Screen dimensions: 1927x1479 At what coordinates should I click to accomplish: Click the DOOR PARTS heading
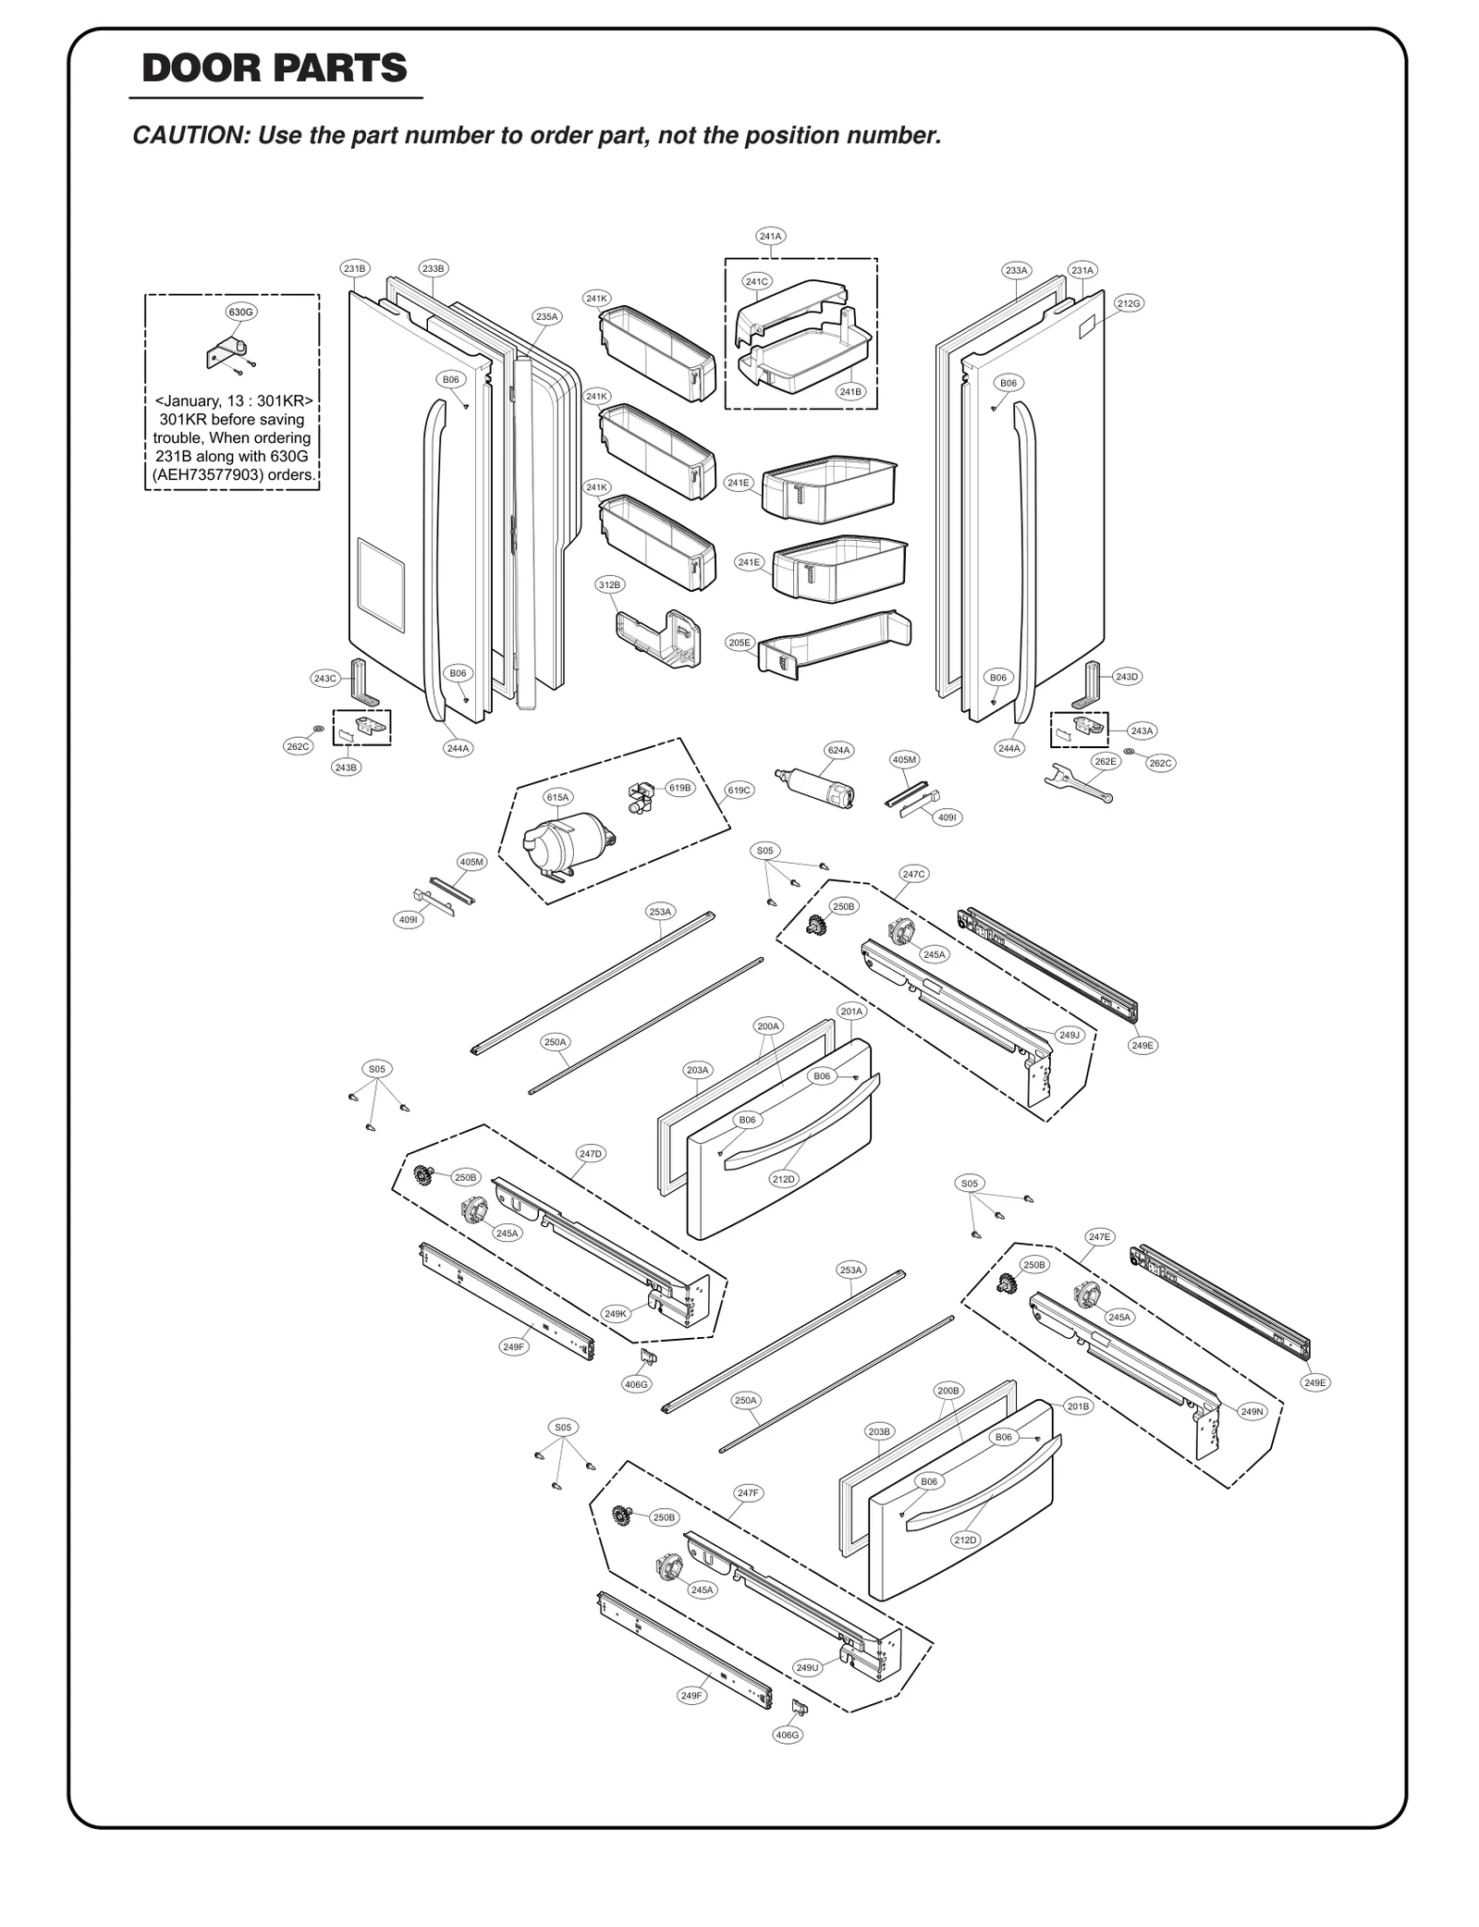click(x=275, y=69)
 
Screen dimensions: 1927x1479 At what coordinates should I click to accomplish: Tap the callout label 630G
click(x=241, y=312)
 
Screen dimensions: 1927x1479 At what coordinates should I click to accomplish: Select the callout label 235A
click(x=547, y=316)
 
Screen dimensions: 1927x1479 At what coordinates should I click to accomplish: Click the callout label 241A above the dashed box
click(x=771, y=236)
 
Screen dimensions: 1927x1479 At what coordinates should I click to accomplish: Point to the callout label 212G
click(x=1129, y=303)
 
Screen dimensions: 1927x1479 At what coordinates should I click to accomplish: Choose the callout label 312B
click(x=609, y=584)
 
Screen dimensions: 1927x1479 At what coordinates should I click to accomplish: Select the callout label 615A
click(x=558, y=797)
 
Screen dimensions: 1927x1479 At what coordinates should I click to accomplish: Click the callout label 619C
click(x=739, y=790)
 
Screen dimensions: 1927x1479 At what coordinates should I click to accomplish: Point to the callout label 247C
click(x=913, y=874)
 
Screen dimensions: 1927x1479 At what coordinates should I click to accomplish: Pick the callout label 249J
click(x=1070, y=1035)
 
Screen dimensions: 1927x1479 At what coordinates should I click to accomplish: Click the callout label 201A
click(x=851, y=1012)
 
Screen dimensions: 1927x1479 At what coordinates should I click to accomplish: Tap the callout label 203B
click(x=879, y=1431)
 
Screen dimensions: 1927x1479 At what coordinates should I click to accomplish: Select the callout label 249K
click(x=616, y=1313)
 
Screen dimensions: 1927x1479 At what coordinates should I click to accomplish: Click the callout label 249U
click(x=807, y=1667)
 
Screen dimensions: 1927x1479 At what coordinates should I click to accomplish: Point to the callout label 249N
click(x=1252, y=1412)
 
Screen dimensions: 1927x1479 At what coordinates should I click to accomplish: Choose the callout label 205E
click(x=739, y=643)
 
